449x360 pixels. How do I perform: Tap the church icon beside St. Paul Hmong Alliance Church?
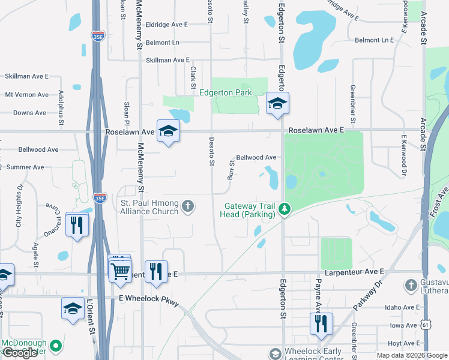coord(188,207)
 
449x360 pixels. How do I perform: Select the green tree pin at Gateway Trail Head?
coord(285,209)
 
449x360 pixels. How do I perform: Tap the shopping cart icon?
coord(121,271)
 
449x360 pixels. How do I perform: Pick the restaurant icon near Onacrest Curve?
coord(77,225)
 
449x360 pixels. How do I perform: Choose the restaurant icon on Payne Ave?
coord(321,323)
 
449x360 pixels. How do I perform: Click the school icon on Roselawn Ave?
coord(168,131)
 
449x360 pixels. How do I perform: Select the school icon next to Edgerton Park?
coord(277,104)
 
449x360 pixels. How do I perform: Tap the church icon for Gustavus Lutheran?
coord(412,284)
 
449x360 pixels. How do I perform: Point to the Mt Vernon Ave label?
coord(26,95)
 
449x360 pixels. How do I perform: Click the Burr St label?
coord(231,170)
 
